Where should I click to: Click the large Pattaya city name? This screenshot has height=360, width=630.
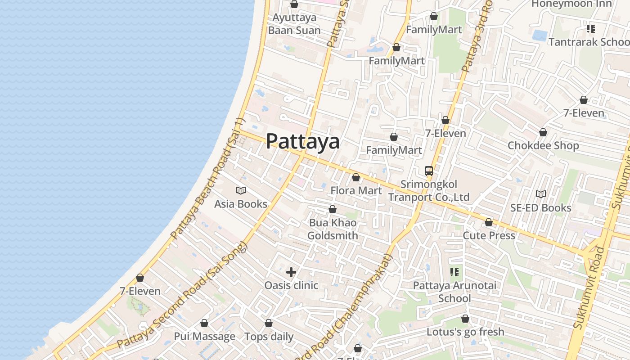[x=302, y=141]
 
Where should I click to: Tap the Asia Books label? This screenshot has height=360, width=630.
[x=241, y=204]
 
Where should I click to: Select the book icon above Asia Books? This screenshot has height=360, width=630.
[x=241, y=190]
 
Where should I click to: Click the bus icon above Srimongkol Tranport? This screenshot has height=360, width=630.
[x=428, y=171]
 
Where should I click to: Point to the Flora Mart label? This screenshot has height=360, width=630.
[x=356, y=190]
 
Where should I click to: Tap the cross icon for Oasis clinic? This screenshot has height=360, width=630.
[x=291, y=272]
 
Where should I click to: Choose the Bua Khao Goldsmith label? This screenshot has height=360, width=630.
[x=333, y=229]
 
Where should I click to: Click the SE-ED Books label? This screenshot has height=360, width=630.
[x=540, y=208]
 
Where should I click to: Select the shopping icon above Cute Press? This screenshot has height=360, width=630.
[x=489, y=222]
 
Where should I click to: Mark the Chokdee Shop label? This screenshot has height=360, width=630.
[x=543, y=146]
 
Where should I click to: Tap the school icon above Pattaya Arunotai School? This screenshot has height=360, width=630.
[x=454, y=272]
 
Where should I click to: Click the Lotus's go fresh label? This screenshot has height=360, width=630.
[x=465, y=332]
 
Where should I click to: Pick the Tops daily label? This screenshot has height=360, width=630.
[x=269, y=337]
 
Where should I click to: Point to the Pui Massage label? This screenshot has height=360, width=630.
[x=204, y=337]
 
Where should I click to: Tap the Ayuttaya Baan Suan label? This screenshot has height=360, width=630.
[x=294, y=24]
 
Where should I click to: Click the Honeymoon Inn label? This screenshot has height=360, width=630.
[x=571, y=4]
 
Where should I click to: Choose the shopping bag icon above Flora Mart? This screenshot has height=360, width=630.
[x=356, y=177]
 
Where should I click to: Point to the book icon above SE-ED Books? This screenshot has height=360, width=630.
[x=540, y=194]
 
